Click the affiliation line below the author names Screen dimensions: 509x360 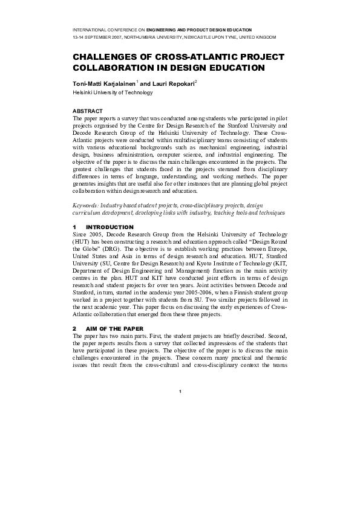pyautogui.click(x=113, y=92)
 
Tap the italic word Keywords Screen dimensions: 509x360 pyautogui.click(x=85, y=206)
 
